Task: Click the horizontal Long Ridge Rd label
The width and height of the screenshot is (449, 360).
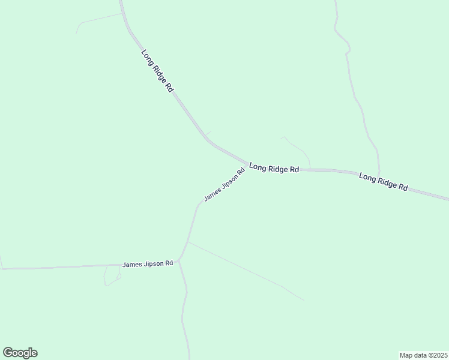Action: pyautogui.click(x=274, y=169)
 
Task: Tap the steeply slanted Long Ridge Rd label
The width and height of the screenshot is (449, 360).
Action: pyautogui.click(x=157, y=70)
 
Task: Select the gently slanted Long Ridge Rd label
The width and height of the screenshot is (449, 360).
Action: pyautogui.click(x=384, y=181)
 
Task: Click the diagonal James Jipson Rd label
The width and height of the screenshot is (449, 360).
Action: pyautogui.click(x=224, y=185)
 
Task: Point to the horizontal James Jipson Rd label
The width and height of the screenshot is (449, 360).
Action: pyautogui.click(x=148, y=264)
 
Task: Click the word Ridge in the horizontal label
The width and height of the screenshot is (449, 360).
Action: pyautogui.click(x=276, y=169)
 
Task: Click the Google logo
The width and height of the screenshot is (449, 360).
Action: pyautogui.click(x=20, y=353)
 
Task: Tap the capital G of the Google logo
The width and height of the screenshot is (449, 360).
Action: pyautogui.click(x=8, y=353)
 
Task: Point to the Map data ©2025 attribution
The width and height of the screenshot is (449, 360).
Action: pyautogui.click(x=423, y=355)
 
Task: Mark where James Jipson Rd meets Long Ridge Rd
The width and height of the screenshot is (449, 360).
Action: pyautogui.click(x=248, y=163)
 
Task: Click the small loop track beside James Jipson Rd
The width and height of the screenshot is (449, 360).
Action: pyautogui.click(x=112, y=275)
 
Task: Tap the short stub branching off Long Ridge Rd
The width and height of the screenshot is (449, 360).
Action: pyautogui.click(x=208, y=133)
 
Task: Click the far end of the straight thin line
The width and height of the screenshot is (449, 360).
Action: pyautogui.click(x=304, y=300)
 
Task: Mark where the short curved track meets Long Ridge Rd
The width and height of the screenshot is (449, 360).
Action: pyautogui.click(x=310, y=169)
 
